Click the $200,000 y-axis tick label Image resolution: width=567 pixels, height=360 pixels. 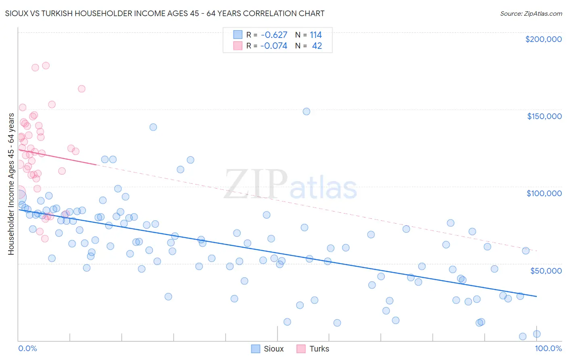(543, 39)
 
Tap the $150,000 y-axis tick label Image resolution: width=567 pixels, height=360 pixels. (544, 116)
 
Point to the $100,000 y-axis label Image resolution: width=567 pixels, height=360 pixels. (544, 193)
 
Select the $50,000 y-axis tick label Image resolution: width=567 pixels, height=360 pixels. (546, 270)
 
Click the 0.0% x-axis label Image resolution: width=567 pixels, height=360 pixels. (27, 348)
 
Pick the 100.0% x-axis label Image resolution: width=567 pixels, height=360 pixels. (548, 348)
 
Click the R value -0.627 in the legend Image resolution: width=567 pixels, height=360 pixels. (274, 35)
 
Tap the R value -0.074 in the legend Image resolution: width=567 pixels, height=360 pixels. (274, 46)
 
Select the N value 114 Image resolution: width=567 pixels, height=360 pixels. (316, 35)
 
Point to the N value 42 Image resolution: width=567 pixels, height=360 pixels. (317, 46)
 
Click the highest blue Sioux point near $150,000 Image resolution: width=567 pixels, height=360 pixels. (306, 111)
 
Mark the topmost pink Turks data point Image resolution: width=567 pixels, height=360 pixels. (46, 65)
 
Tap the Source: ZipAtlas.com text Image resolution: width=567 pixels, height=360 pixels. (531, 14)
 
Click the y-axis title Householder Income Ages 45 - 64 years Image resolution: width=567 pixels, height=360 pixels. (11, 184)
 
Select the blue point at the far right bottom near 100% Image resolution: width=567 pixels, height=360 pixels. (537, 334)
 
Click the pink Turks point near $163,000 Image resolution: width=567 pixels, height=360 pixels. (81, 89)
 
